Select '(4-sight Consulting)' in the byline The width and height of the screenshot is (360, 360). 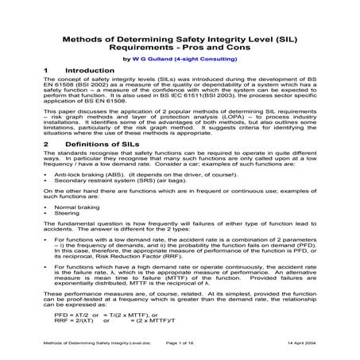point(207,56)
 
